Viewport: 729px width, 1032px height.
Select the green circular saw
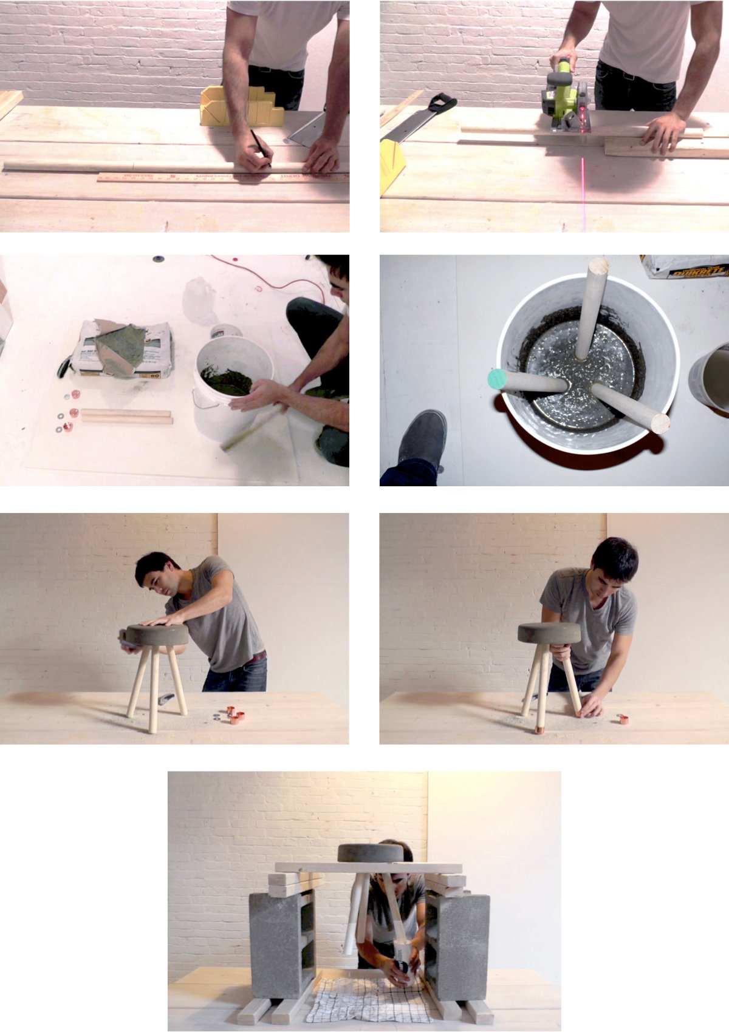pyautogui.click(x=565, y=97)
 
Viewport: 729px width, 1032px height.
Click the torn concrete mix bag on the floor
pyautogui.click(x=122, y=349)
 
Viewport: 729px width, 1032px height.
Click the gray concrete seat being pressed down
pyautogui.click(x=157, y=635)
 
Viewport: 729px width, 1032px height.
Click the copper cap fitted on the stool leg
pyautogui.click(x=539, y=728)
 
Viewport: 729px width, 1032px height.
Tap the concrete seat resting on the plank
pyautogui.click(x=370, y=852)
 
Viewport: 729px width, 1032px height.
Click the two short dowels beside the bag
pyautogui.click(x=126, y=416)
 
